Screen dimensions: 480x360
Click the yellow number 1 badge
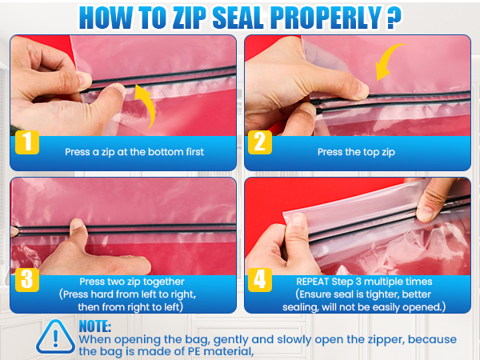tap(27, 142)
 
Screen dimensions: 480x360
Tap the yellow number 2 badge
tap(260, 142)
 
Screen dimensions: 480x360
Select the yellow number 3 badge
tap(27, 280)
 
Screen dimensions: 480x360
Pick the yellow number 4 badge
tap(260, 280)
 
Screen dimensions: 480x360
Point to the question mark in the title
tap(394, 18)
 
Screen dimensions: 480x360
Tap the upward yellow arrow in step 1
tap(146, 106)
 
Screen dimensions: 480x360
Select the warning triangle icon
tap(55, 337)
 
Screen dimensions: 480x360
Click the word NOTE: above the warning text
tap(95, 326)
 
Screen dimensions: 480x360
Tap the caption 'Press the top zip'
tap(356, 152)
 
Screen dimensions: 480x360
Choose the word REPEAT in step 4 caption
tap(312, 282)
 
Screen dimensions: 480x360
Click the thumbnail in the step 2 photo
tap(362, 90)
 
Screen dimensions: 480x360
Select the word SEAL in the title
tap(238, 18)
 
